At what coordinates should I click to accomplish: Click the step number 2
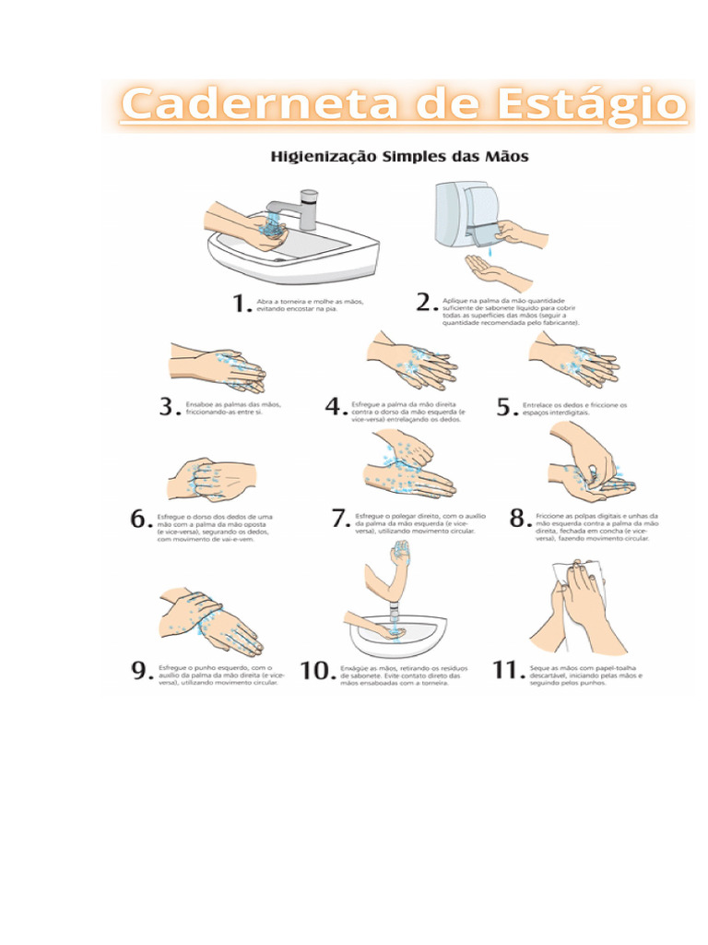point(426,303)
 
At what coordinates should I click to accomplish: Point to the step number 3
point(169,408)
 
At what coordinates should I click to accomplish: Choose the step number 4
point(336,408)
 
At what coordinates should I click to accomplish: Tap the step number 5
point(506,408)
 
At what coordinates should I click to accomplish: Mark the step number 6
point(140,520)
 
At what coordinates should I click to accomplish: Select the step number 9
point(140,671)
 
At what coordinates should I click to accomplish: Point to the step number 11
point(507,671)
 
